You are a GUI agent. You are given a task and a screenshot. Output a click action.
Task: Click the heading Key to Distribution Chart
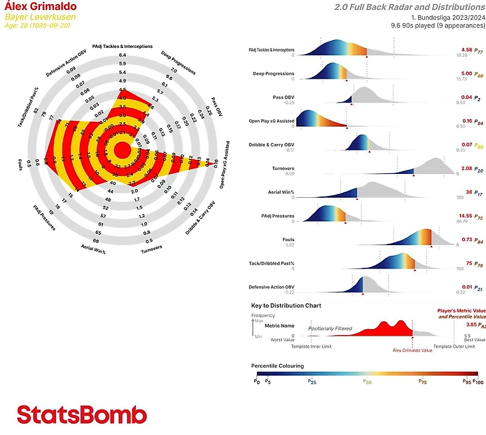[286, 306]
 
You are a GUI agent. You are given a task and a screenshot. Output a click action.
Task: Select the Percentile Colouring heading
[278, 366]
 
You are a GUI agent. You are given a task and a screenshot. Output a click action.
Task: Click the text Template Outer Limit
[454, 346]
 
